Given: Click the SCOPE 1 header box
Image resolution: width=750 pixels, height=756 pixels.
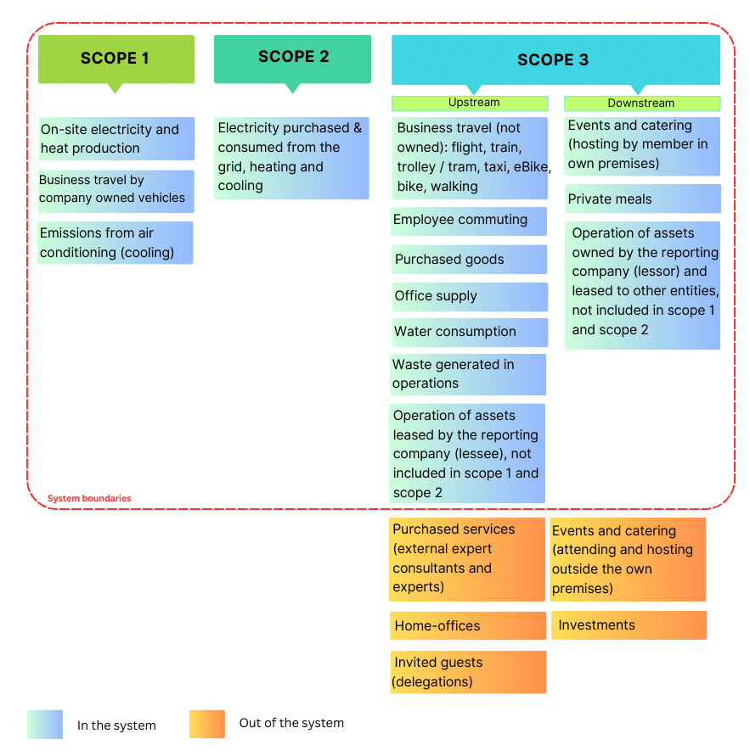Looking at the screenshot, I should (x=116, y=59).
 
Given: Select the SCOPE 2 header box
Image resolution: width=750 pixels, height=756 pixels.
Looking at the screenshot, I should (x=292, y=58).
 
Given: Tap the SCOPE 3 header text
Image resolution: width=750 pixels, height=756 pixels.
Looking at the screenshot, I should (x=553, y=59).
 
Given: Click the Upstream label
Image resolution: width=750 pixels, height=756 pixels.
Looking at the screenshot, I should (x=470, y=103).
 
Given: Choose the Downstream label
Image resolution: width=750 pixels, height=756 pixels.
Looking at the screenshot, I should (x=641, y=104).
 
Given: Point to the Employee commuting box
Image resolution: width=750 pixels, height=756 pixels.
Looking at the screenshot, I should (x=469, y=221).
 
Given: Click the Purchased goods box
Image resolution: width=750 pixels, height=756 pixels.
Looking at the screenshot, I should (x=469, y=260).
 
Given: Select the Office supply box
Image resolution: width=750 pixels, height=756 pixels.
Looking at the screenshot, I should (x=469, y=296).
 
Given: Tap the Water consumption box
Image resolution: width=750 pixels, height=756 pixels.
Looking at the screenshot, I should (x=469, y=332).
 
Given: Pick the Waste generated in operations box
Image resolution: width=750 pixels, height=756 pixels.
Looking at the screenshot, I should (x=468, y=374).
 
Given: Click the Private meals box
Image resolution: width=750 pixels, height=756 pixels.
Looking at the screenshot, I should (x=642, y=199).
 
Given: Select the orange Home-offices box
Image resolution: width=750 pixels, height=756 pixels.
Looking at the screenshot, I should (x=467, y=626).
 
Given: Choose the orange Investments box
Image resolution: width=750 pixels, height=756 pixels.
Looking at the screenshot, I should (x=629, y=625).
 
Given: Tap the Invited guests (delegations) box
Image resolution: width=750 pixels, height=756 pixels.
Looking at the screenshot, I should (x=467, y=672).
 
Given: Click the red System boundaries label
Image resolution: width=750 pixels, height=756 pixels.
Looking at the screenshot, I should (x=89, y=499).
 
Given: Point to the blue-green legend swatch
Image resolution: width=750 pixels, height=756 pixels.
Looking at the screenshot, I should (x=44, y=725).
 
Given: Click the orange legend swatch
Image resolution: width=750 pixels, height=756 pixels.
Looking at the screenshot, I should (x=207, y=725).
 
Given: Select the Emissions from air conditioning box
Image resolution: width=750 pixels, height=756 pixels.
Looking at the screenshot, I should (x=116, y=243).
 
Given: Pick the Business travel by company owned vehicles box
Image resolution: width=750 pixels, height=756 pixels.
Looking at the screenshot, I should (x=116, y=190).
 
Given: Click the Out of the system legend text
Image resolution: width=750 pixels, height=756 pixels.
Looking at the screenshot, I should (x=291, y=724).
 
